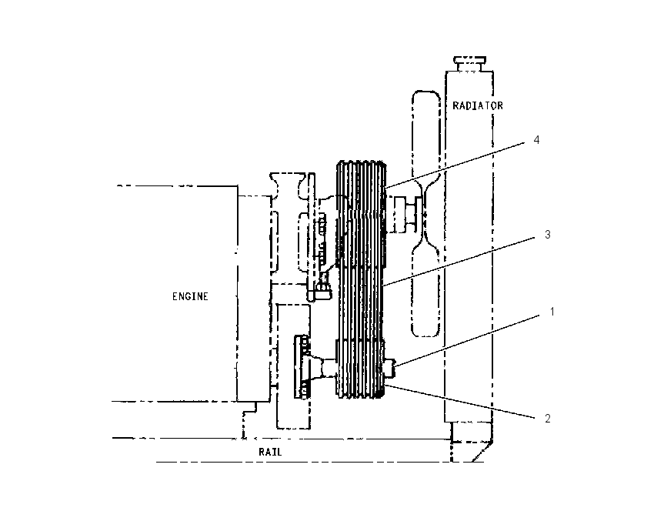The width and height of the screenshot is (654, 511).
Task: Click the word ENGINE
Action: pos(190,296)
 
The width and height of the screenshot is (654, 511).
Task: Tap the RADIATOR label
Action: pos(478,106)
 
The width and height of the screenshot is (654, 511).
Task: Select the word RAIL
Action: pos(270,452)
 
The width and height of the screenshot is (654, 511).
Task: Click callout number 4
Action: pos(536,140)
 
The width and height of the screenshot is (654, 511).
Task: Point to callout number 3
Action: pos(548,235)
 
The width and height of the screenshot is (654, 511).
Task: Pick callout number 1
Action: pos(552,312)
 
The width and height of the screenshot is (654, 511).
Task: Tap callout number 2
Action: pos(548,419)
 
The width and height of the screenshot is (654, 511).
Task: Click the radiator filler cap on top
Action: pos(469,64)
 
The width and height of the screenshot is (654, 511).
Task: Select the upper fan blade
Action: pos(425,138)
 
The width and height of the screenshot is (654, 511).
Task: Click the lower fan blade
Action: pos(425,292)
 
